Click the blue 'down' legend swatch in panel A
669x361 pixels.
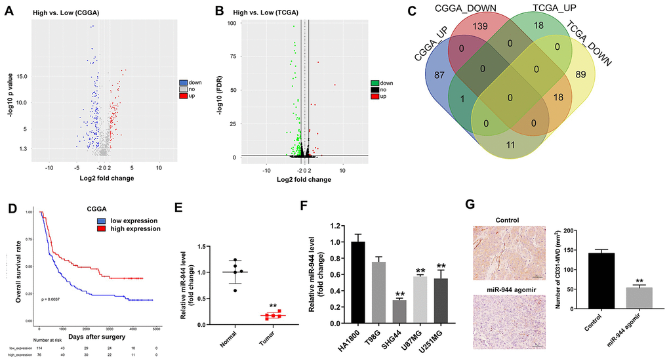point(183,83)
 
